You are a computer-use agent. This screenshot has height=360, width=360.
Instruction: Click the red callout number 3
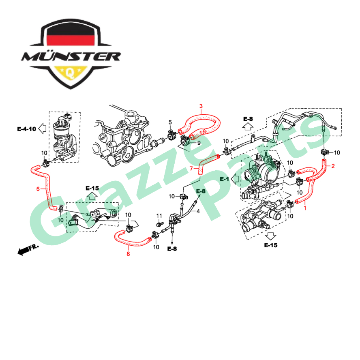click(201, 106)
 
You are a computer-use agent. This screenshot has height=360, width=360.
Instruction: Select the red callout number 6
click(38, 189)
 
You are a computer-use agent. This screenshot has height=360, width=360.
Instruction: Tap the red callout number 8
click(128, 253)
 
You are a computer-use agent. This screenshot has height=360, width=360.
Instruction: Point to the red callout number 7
click(191, 169)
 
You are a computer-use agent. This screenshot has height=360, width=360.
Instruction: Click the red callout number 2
click(333, 166)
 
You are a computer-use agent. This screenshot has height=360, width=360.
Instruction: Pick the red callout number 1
click(305, 208)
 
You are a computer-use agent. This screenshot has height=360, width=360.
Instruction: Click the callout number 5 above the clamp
click(170, 122)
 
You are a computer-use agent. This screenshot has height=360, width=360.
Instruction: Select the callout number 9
click(199, 143)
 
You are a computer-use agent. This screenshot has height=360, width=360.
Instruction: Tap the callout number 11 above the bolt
click(159, 216)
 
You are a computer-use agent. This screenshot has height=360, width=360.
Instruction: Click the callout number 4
click(198, 211)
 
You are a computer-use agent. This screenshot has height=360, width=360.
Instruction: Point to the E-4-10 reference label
click(27, 129)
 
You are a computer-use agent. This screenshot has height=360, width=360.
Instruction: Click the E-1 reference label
click(224, 179)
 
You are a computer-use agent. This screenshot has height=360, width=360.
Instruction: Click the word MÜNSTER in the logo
click(71, 56)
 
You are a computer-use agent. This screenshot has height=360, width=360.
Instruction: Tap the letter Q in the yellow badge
click(70, 73)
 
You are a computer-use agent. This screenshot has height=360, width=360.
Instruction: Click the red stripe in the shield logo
click(71, 40)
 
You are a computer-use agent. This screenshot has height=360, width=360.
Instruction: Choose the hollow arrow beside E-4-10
click(42, 129)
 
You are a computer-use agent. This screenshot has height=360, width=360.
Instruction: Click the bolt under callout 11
click(160, 223)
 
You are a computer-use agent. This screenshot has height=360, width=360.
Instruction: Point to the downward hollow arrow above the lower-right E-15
click(271, 236)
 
